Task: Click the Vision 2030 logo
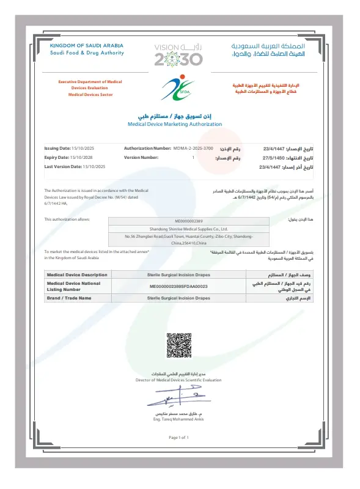coord(178,54)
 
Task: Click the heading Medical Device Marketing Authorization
coord(175,124)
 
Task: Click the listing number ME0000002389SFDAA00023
coord(179,285)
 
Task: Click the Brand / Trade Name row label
coord(69,298)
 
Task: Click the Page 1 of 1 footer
coord(179,438)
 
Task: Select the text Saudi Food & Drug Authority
coord(87,53)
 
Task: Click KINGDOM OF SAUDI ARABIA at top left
coord(86,45)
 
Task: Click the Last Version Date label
coord(62,166)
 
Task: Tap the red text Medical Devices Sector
coord(90,95)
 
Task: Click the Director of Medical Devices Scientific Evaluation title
coord(179,380)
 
